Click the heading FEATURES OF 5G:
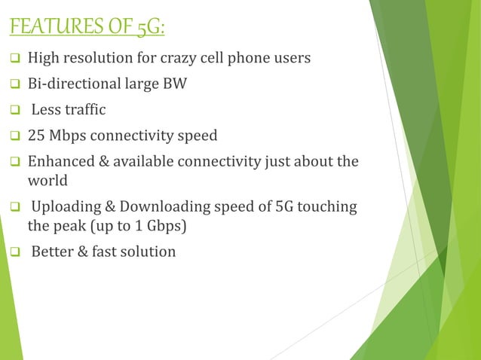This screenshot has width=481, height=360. tap(87, 29)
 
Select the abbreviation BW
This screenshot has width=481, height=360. tap(176, 84)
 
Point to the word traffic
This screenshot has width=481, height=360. tap(84, 110)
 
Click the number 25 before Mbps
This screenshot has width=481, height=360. tap(35, 136)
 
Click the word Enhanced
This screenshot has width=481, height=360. tap(60, 162)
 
